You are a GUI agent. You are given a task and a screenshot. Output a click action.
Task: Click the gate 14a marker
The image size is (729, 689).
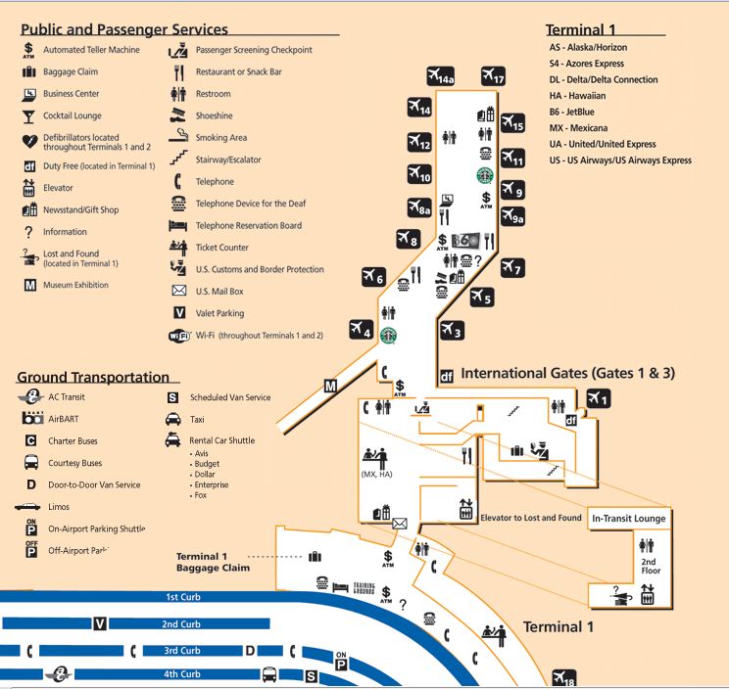coord(441,76)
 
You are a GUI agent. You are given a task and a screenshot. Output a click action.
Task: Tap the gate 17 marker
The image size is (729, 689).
coord(494,76)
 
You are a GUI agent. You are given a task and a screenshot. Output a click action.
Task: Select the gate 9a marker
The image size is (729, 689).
coord(513,217)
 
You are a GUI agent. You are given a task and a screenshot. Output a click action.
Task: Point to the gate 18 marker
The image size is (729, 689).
coord(564,677)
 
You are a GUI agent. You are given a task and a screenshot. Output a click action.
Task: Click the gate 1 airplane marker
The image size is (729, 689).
coord(598,397)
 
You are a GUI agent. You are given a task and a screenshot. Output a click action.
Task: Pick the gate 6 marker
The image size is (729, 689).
coord(374,277)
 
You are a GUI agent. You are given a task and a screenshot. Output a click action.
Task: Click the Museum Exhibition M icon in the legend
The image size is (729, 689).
coord(29,286)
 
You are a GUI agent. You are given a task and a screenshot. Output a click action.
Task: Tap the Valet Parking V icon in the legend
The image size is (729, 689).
coord(179,313)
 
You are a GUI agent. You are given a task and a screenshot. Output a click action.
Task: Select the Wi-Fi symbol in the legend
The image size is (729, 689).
coord(179,336)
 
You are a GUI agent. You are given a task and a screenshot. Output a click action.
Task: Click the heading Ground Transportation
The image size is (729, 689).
coord(93,378)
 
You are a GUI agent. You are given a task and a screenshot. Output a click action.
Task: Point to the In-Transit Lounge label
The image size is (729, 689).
coord(628,519)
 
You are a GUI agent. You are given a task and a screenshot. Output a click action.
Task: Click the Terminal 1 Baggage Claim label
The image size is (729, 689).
coord(213,562)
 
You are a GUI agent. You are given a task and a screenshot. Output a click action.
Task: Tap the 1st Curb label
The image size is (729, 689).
coord(182,597)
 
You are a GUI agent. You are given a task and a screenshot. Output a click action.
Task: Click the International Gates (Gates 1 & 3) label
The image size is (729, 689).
coord(567,373)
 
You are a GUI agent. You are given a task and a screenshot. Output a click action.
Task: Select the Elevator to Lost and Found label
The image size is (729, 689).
coord(530,518)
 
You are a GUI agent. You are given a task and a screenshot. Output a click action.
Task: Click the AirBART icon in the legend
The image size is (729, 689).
coord(30,419)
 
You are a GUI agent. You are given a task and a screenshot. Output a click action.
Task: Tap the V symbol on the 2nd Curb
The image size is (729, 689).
coord(99,623)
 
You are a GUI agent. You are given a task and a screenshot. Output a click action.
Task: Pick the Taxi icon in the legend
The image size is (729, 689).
coord(171,419)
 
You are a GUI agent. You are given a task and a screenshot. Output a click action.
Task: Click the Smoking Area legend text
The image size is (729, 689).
coord(221,138)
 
